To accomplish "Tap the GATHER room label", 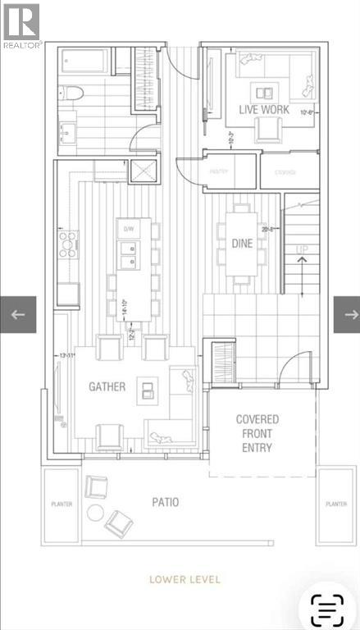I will click(x=107, y=386).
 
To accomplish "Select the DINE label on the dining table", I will click(x=242, y=243).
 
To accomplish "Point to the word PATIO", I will click(x=164, y=502).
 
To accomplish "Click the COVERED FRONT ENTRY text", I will click(x=257, y=433).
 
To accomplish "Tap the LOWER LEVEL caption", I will click(x=185, y=579).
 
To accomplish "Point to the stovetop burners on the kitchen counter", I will click(x=67, y=242).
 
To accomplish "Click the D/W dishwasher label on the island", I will click(x=128, y=228).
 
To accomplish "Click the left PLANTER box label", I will click(x=59, y=504).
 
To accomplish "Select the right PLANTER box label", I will click(x=335, y=504).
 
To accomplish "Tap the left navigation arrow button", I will click(x=18, y=313).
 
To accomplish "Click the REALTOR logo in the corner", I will click(x=21, y=25).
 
